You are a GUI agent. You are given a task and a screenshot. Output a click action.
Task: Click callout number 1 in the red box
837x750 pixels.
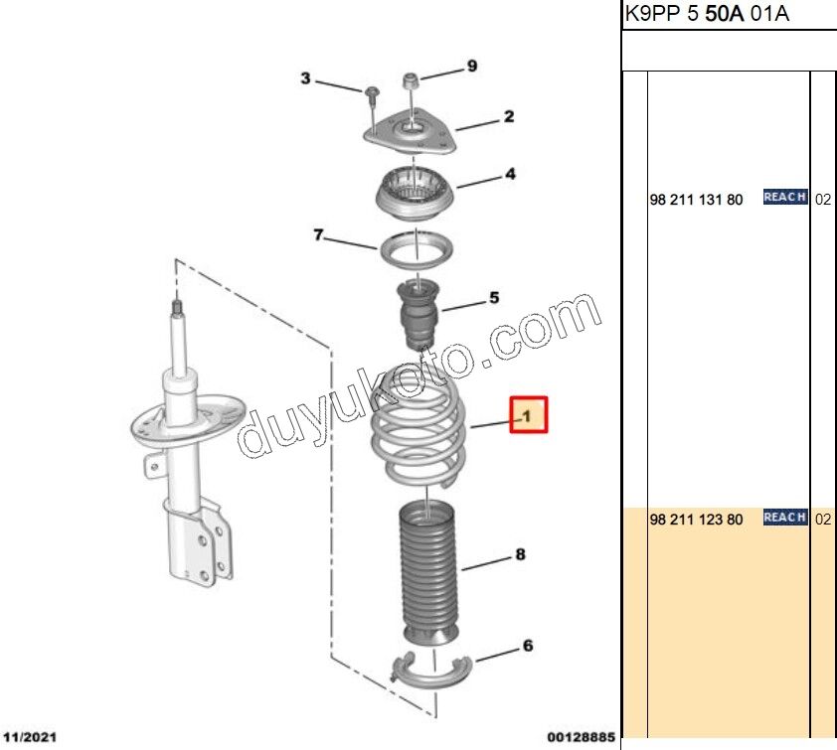(x=529, y=414)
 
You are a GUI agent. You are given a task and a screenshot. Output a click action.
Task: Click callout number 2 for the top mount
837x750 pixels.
(x=508, y=117)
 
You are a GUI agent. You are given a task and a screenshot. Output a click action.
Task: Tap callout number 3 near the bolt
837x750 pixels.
(x=306, y=77)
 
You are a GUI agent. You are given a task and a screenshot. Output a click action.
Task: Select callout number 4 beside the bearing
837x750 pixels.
(x=509, y=175)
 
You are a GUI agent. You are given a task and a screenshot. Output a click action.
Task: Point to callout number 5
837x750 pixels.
(x=493, y=297)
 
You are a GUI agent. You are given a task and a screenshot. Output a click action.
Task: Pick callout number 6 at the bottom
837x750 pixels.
(x=527, y=647)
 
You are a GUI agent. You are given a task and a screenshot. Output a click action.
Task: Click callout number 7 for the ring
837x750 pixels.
(x=319, y=235)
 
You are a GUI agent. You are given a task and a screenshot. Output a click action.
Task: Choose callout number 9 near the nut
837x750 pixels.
(x=471, y=67)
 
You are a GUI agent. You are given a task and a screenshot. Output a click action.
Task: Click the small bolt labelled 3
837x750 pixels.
(x=371, y=94)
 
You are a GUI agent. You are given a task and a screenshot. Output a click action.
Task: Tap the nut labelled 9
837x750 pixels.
(x=409, y=79)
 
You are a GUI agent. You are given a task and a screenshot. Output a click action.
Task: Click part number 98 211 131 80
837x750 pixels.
(x=696, y=200)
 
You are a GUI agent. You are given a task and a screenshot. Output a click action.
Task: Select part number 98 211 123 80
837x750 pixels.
(x=696, y=520)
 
